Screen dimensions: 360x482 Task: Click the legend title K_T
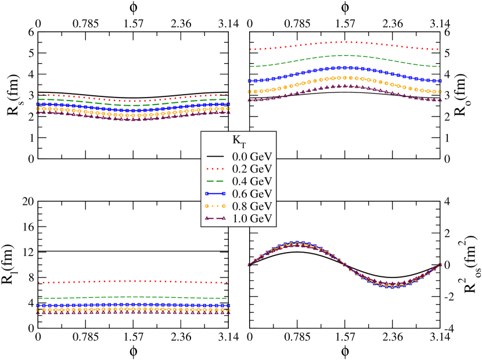[x=239, y=141]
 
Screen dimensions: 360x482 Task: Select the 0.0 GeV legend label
[x=252, y=157]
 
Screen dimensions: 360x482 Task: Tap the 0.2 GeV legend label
[x=252, y=169]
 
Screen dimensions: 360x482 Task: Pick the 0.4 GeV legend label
[x=252, y=181]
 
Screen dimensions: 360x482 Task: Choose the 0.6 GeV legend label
[x=252, y=193]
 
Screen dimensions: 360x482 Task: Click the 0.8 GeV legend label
[x=252, y=206]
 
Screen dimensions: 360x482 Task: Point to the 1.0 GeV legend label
[x=252, y=218]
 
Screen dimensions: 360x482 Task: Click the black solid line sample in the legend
[x=215, y=157]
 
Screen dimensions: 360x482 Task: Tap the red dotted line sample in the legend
[x=215, y=169]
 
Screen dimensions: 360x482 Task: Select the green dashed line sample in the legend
[x=215, y=181]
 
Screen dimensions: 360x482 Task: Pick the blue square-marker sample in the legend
[x=215, y=193]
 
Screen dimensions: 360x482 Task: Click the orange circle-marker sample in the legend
[x=215, y=206]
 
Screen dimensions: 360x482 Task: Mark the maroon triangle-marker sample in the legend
[x=215, y=218]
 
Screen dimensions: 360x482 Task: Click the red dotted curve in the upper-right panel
[x=346, y=42]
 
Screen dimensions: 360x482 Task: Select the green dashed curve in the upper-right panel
[x=346, y=55]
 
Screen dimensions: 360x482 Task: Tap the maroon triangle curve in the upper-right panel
[x=346, y=85]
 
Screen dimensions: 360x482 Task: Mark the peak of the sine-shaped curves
[x=297, y=243]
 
